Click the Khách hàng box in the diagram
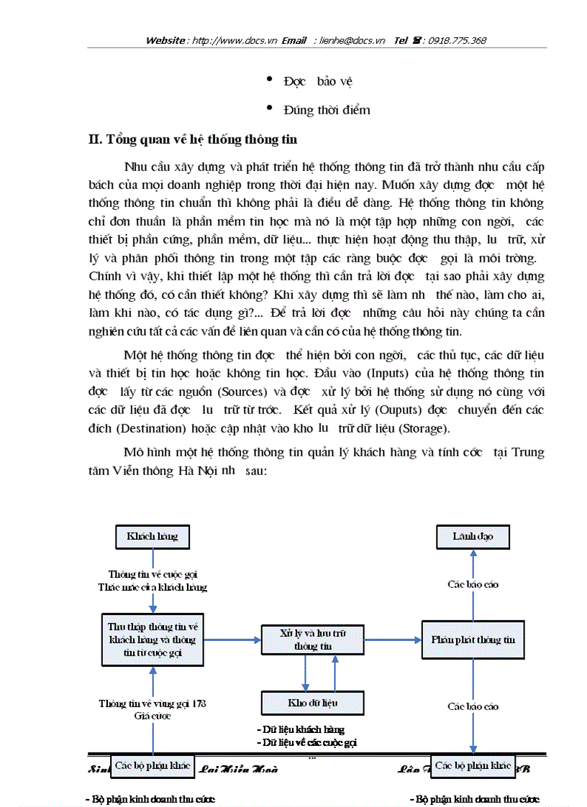click(x=153, y=536)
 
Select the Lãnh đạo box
click(x=473, y=536)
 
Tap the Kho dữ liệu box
click(x=312, y=701)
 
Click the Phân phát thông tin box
click(x=473, y=639)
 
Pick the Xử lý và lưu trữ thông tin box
click(x=312, y=639)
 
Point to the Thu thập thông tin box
click(x=153, y=639)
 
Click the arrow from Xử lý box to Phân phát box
click(x=393, y=639)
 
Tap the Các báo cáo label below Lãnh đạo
click(x=473, y=584)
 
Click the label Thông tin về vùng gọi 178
click(x=153, y=704)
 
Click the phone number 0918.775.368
click(x=457, y=40)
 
